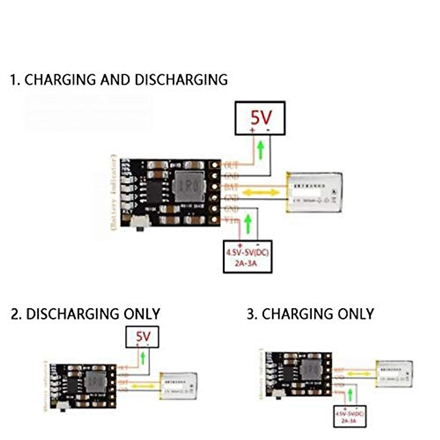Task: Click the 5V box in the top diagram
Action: tap(260, 118)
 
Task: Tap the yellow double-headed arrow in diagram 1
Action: tap(261, 192)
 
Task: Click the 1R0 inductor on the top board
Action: tap(189, 187)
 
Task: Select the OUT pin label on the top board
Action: tap(231, 165)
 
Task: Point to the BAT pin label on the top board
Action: tap(231, 187)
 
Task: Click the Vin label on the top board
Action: tap(232, 220)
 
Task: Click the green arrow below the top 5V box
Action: tap(261, 150)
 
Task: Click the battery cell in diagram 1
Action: tap(315, 192)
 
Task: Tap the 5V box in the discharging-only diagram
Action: tap(143, 337)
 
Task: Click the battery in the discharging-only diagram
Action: tap(179, 386)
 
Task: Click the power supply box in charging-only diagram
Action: tap(350, 416)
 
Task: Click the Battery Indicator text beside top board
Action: tap(114, 192)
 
